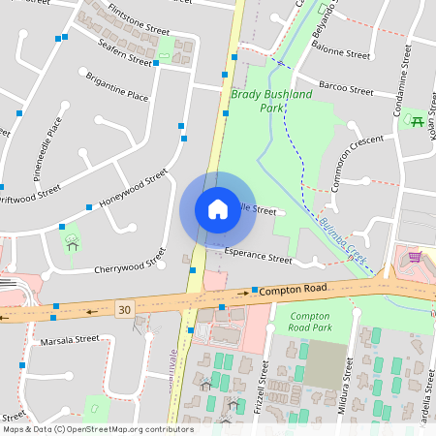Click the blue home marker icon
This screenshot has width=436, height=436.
click(217, 209)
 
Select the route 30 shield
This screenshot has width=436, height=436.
click(123, 309)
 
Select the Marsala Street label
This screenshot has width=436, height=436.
click(70, 340)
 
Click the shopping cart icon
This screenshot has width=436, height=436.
click(415, 257)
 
